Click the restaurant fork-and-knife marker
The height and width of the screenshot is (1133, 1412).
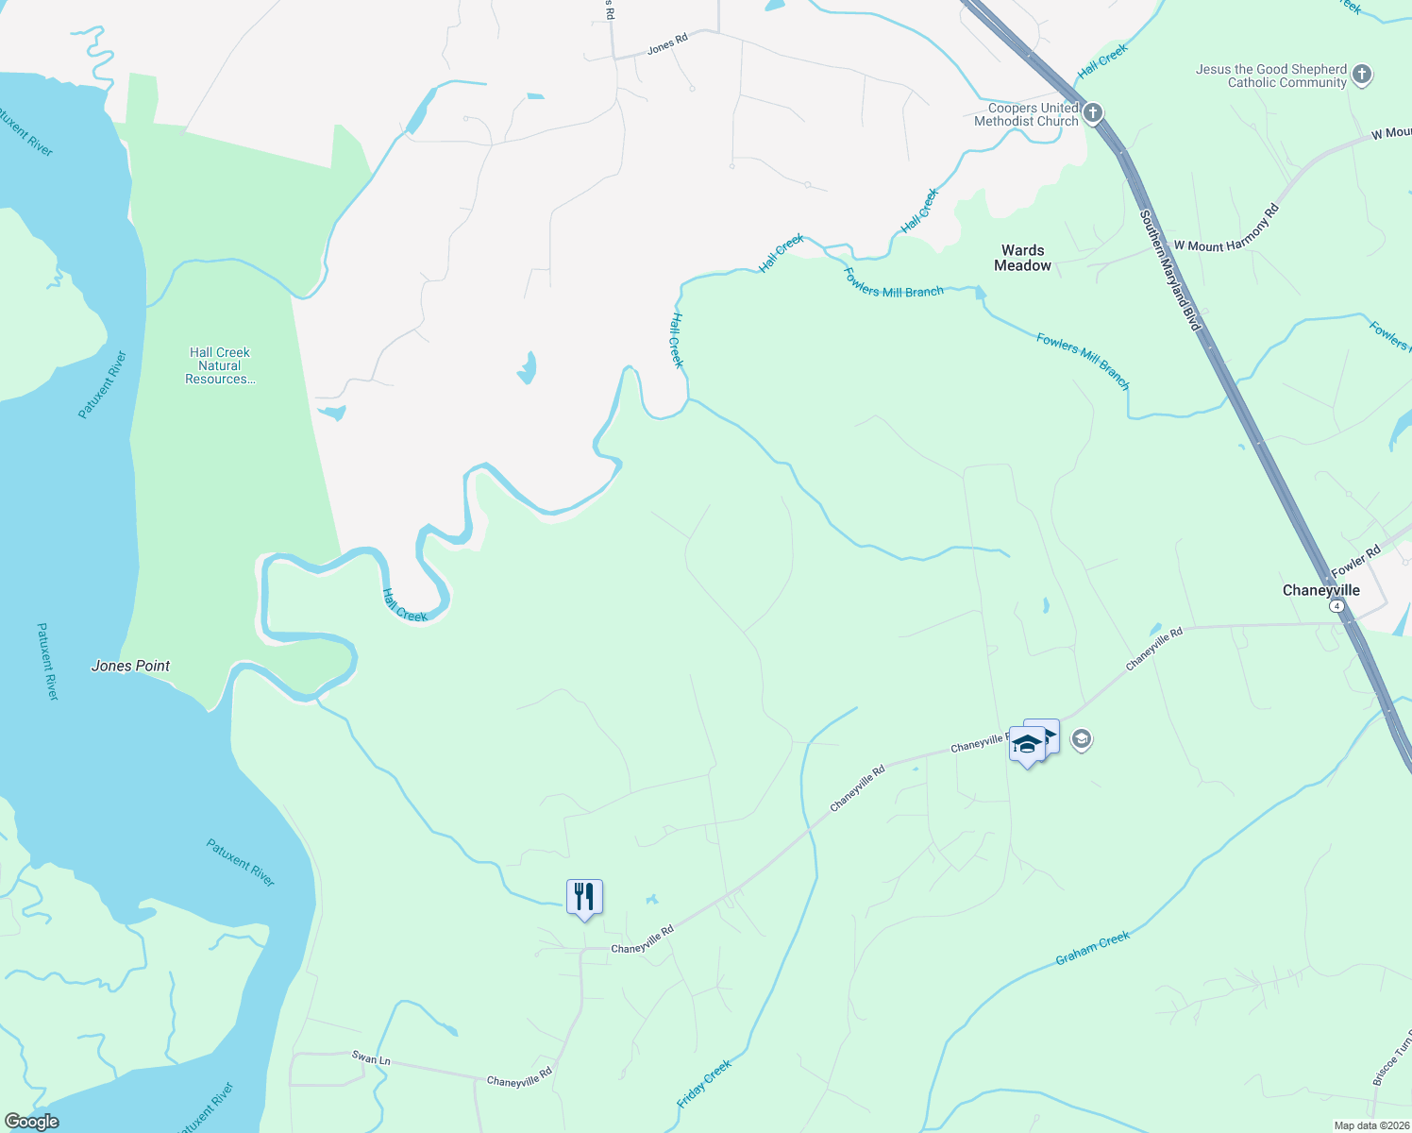[x=584, y=897]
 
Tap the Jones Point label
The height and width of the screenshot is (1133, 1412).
[x=130, y=666]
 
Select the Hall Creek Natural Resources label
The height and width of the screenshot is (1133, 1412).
[x=220, y=366]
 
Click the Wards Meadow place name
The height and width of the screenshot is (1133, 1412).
[x=1022, y=258]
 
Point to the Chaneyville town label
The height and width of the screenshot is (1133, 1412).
[x=1320, y=590]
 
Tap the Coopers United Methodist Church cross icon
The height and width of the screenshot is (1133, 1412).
[x=1092, y=113]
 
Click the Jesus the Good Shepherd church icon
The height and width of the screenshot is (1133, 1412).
[x=1361, y=75]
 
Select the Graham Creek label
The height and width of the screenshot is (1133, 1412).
[x=1092, y=948]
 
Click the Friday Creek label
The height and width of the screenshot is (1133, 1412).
[x=704, y=1084]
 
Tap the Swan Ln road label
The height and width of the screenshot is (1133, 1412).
[x=370, y=1059]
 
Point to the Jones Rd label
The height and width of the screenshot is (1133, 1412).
[x=667, y=43]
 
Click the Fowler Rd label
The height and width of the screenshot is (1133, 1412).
[x=1356, y=562]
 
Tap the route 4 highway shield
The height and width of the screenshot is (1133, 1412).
[x=1336, y=606]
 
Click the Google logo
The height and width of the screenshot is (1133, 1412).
[x=31, y=1122]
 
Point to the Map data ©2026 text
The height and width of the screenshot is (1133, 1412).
[x=1370, y=1125]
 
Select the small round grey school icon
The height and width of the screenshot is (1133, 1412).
[x=1082, y=739]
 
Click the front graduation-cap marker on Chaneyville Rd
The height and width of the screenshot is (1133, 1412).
[x=1027, y=746]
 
